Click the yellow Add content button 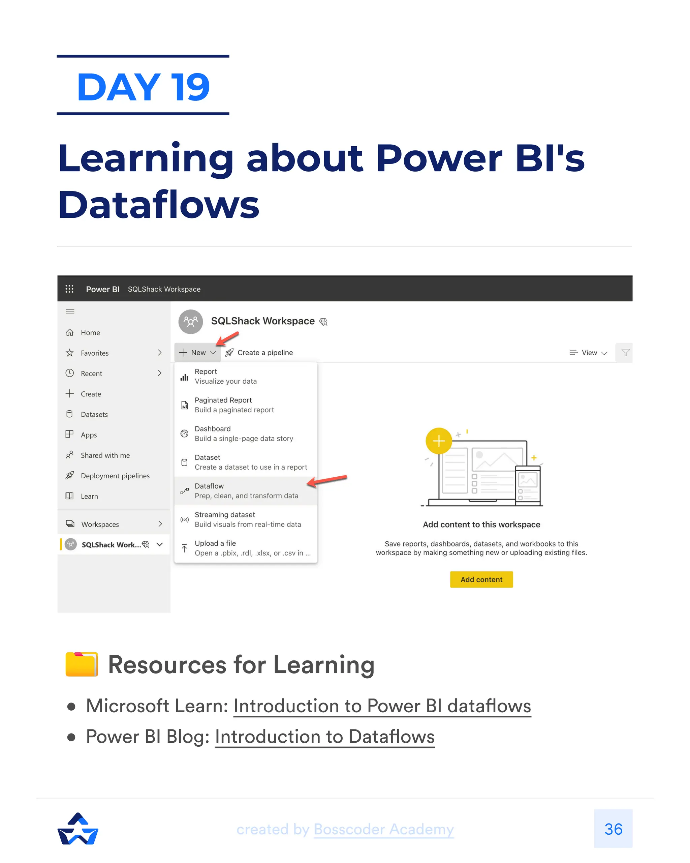click(x=481, y=579)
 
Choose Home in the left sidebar click(x=90, y=333)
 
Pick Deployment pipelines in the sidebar click(x=115, y=476)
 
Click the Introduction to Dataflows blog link click(x=324, y=737)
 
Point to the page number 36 click(x=613, y=829)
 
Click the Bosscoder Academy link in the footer click(x=384, y=829)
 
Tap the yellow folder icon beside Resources click(x=82, y=664)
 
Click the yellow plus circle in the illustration click(x=439, y=441)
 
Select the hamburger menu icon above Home click(x=70, y=312)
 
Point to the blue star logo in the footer click(x=78, y=829)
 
